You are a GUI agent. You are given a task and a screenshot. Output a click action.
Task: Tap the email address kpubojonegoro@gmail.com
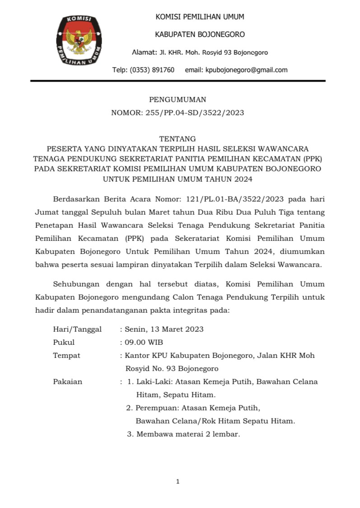coord(246,70)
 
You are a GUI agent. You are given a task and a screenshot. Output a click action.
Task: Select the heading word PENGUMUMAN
coord(178,100)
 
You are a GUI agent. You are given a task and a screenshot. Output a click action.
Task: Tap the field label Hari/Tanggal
coord(77,329)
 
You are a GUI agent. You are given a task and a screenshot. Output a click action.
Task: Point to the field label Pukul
coord(64,342)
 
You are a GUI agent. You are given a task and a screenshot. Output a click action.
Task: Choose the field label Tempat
coord(66,355)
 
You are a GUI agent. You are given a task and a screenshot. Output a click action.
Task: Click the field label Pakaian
coord(68,381)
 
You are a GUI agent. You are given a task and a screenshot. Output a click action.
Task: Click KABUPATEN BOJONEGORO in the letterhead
coord(200,34)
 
